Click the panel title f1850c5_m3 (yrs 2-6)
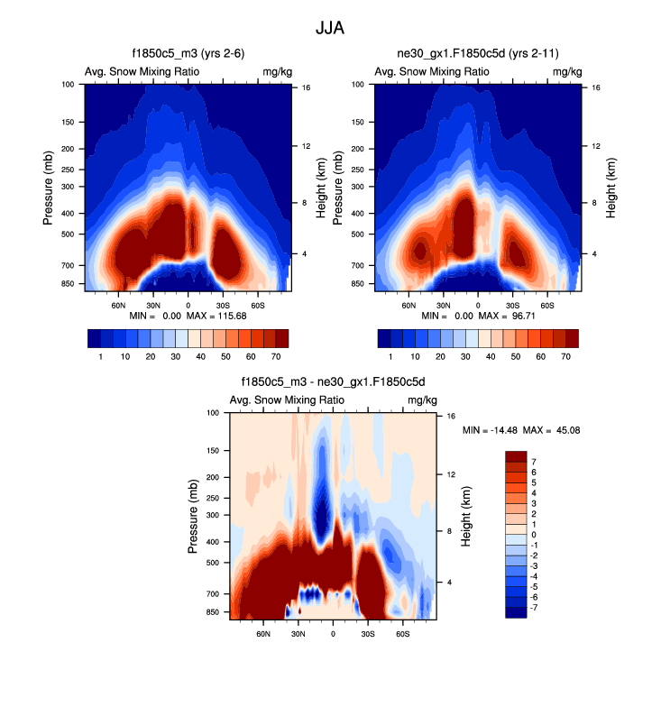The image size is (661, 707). (187, 55)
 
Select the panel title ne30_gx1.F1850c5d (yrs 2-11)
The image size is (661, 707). (477, 55)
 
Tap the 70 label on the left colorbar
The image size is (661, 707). (277, 357)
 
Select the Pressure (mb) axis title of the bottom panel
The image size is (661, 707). (193, 515)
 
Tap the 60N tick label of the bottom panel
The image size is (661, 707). (263, 634)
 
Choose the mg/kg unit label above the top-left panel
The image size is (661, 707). (276, 72)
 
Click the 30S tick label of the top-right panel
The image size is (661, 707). (512, 306)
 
